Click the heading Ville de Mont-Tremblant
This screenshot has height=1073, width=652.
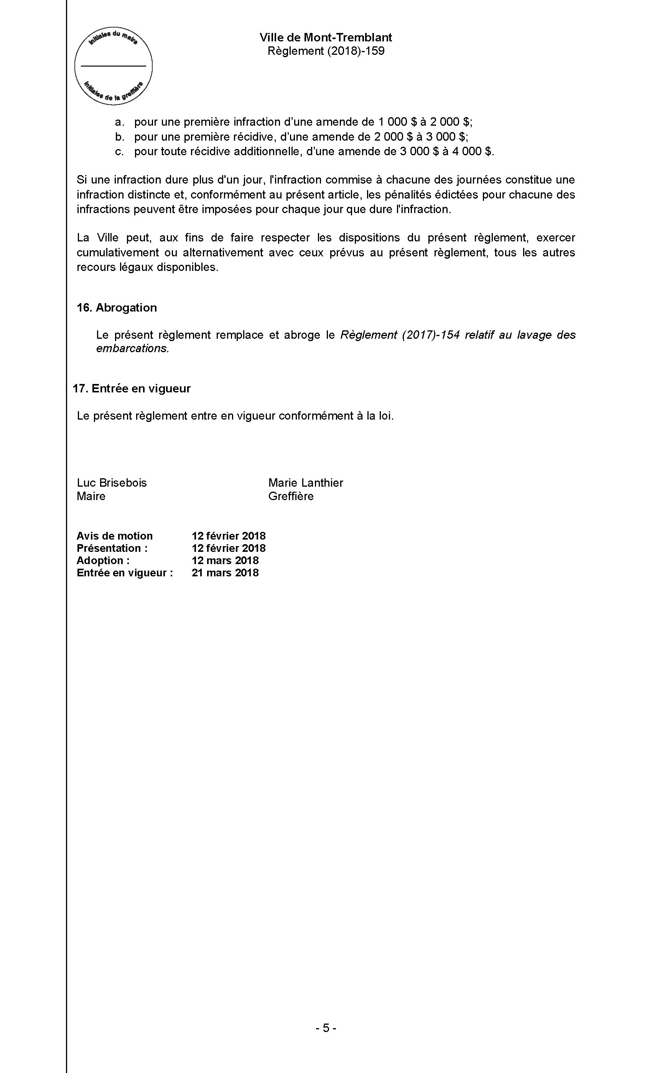coord(326,38)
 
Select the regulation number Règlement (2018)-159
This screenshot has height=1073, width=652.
coord(326,51)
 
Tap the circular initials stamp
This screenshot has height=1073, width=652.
coord(113,65)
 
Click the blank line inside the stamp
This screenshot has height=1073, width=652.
coord(113,66)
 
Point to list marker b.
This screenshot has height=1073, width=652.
coord(119,137)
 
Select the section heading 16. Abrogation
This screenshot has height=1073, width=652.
coord(117,307)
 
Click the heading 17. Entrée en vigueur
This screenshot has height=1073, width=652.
coord(132,389)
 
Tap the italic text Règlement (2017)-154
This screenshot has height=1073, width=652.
coord(400,335)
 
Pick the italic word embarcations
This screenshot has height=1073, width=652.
coord(132,348)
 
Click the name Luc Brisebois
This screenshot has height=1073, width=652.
coord(112,482)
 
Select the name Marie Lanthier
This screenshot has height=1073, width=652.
coord(306,482)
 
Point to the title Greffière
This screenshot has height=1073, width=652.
coord(291,496)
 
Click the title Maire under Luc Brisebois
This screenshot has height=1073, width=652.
coord(91,496)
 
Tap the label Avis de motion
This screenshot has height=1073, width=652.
coord(115,536)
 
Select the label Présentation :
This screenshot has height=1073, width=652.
coord(112,548)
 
